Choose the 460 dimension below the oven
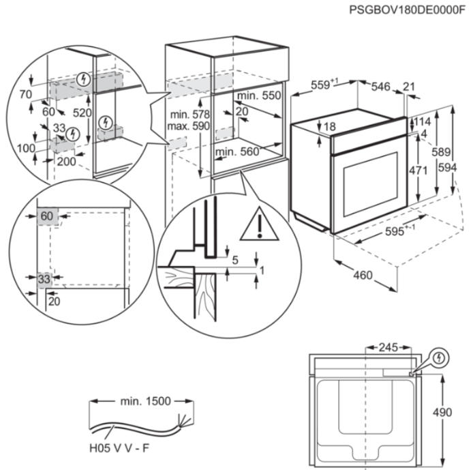[x=363, y=275]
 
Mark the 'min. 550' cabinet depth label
[x=262, y=97]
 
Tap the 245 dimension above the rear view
[x=388, y=348]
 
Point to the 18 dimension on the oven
[x=330, y=127]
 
